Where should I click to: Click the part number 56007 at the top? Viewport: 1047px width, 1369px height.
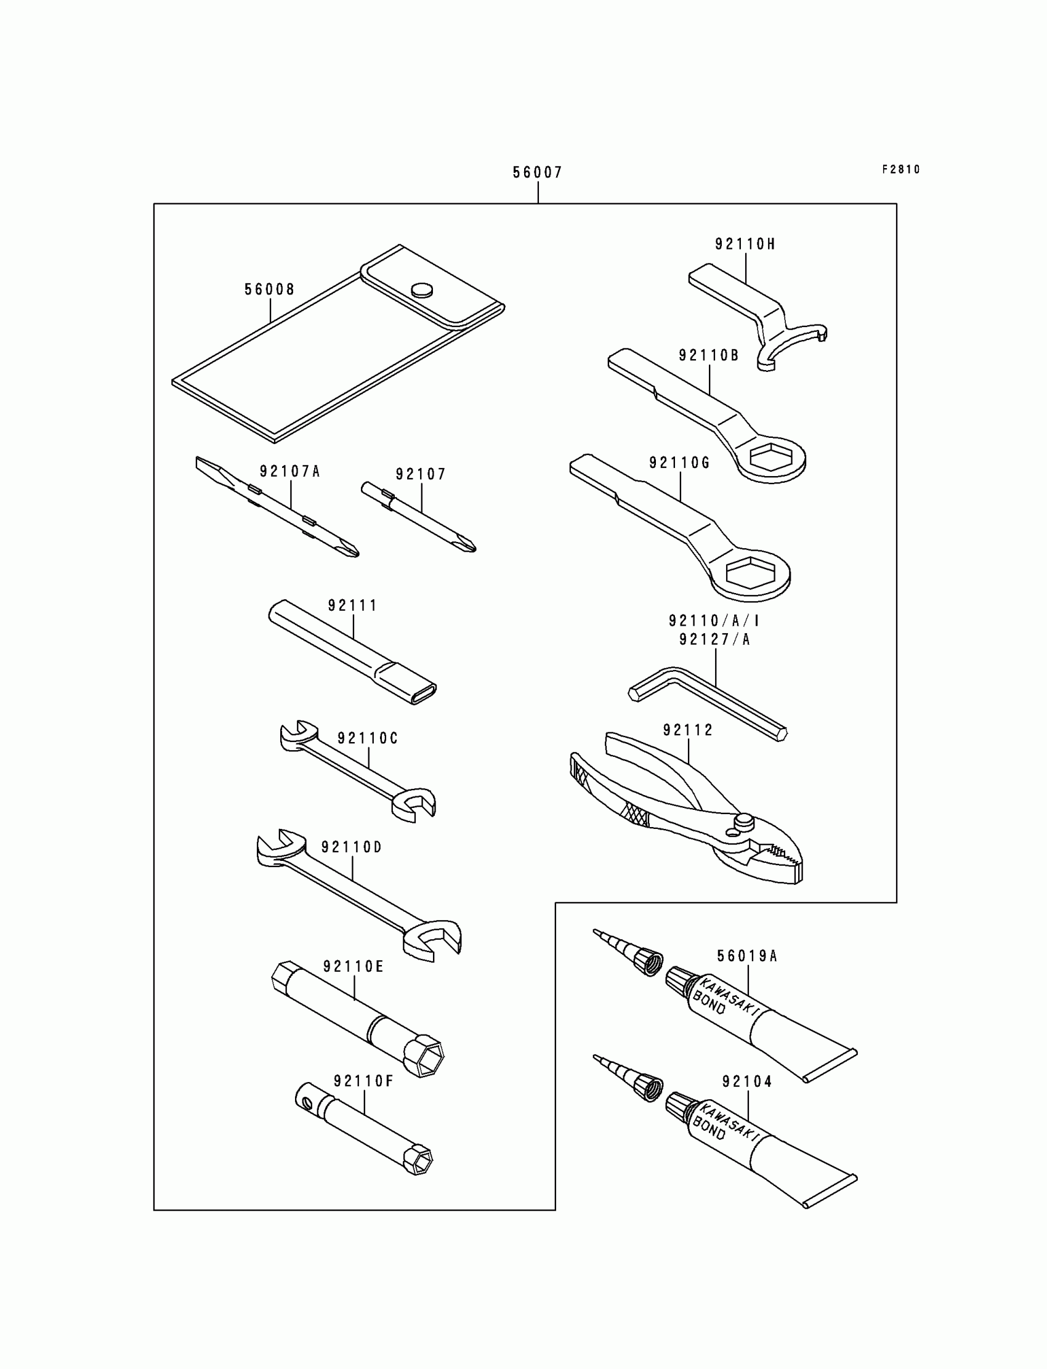point(537,172)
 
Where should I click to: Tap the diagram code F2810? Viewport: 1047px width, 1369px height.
point(900,169)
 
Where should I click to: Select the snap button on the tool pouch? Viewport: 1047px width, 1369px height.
point(422,289)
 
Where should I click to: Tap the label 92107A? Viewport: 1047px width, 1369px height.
point(290,472)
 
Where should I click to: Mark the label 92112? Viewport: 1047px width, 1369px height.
point(687,730)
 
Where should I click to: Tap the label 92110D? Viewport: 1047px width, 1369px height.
point(352,847)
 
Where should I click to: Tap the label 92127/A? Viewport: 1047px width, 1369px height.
point(714,640)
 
